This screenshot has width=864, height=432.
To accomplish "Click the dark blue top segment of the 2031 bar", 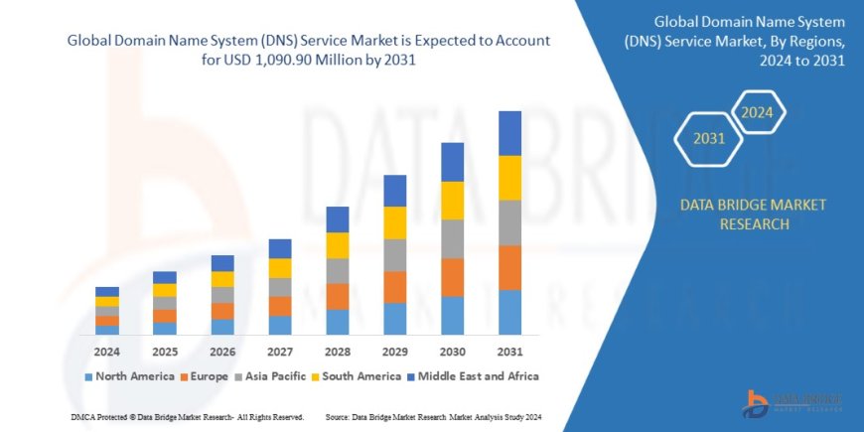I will point(509,133).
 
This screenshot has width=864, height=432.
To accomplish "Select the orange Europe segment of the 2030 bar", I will point(452,277).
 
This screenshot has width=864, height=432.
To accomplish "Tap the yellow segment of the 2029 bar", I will point(394,222).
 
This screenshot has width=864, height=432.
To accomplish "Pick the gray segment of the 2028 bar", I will point(338,270).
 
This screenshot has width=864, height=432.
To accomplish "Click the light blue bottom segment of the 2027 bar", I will point(280,325).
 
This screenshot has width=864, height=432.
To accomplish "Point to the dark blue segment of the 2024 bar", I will point(107,291).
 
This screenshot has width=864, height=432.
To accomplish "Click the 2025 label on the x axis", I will point(164,352).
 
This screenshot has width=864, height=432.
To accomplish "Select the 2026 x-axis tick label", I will point(222,352).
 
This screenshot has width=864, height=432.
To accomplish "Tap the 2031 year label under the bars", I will point(509,352).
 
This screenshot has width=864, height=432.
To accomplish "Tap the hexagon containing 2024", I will point(758,111).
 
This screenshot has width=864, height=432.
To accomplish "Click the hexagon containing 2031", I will point(708,139).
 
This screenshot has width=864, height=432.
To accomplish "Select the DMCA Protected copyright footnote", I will point(188,417).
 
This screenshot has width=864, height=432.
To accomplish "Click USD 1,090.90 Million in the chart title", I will point(308,60).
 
